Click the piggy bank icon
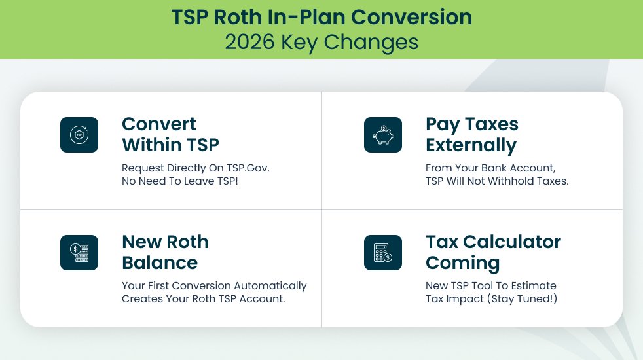pyautogui.click(x=382, y=135)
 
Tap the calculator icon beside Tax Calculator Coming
pyautogui.click(x=382, y=253)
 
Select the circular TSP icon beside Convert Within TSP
pyautogui.click(x=79, y=135)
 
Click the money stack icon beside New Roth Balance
pyautogui.click(x=79, y=253)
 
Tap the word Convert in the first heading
pyautogui.click(x=159, y=124)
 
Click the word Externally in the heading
pyautogui.click(x=471, y=145)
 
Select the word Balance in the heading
pyautogui.click(x=160, y=262)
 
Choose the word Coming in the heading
pyautogui.click(x=462, y=262)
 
